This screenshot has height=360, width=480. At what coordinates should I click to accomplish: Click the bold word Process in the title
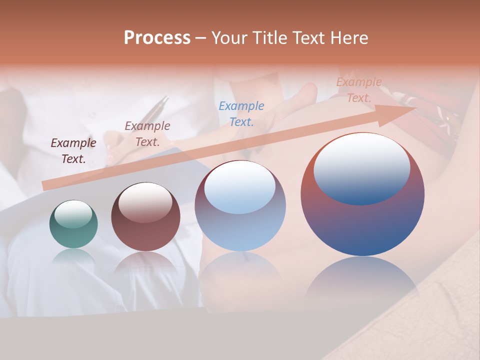tap(157, 38)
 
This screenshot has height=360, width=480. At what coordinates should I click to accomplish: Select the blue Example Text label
tap(241, 113)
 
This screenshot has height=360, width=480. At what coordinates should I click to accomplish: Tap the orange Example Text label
tap(359, 90)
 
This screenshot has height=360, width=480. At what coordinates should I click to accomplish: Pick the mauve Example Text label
tap(147, 133)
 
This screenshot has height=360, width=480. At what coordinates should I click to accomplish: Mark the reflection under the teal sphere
tap(73, 257)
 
